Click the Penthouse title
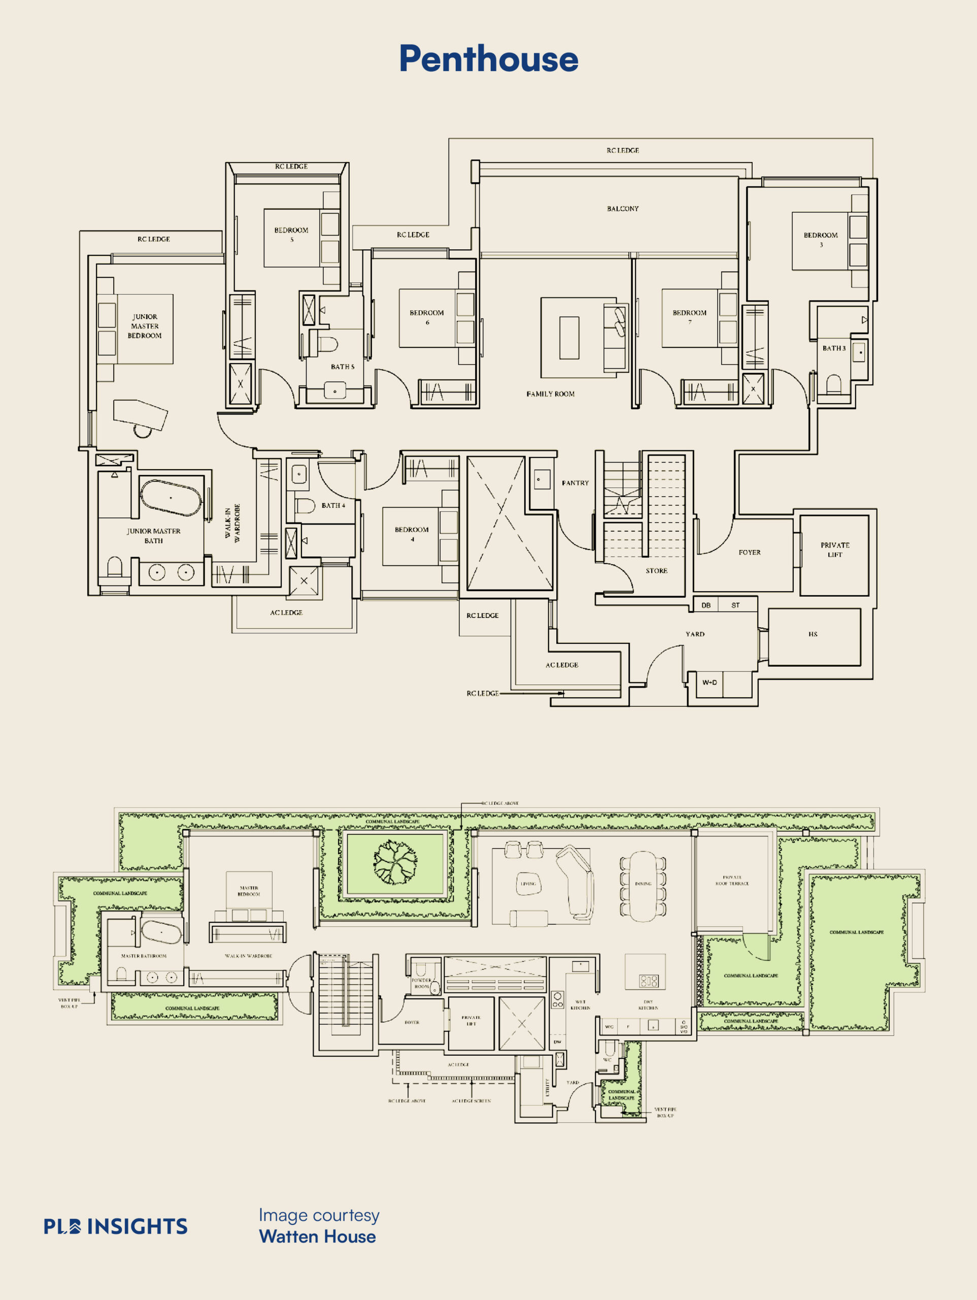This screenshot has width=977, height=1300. pos(488,59)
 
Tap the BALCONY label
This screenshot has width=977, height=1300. pos(623,209)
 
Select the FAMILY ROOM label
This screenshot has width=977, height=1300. pos(551,394)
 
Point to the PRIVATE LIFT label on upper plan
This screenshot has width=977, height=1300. pos(835,549)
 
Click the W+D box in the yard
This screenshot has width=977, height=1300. pos(710,682)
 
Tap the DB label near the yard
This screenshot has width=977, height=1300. pos(706,605)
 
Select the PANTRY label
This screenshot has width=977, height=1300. pos(575,483)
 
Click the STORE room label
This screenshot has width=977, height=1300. pos(656,571)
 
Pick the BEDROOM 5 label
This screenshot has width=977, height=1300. pos(291,235)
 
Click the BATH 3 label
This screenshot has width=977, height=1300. pos(834,348)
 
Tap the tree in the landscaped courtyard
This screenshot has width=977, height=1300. pos(396,862)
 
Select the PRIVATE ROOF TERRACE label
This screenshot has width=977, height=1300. pos(732,881)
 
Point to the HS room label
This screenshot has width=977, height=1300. pos(813,634)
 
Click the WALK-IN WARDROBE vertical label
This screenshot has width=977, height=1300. pos(232,523)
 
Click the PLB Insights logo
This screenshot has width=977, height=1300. pos(116,1226)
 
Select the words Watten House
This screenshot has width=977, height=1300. pos(317,1237)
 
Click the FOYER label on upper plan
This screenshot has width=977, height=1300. pos(750,552)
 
